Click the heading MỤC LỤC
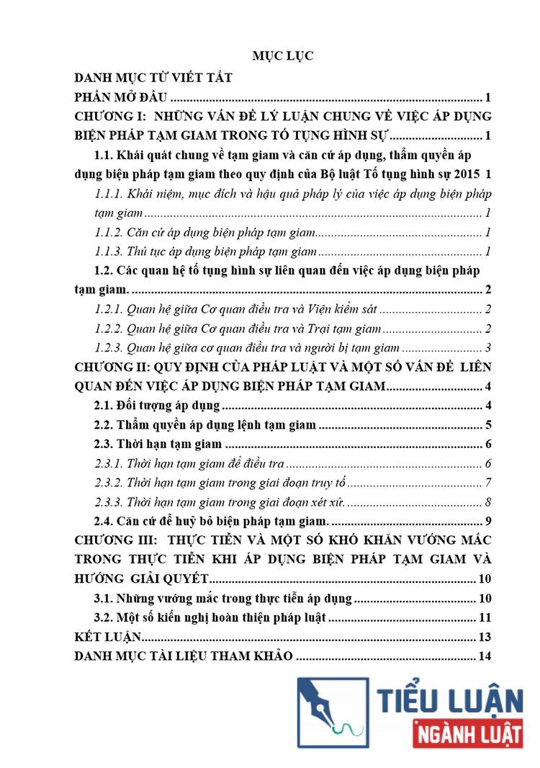point(282,56)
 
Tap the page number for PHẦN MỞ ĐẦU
point(487,97)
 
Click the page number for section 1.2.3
point(487,349)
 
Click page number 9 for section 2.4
point(487,522)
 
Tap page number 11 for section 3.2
point(484,618)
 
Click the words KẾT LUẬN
point(108,637)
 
